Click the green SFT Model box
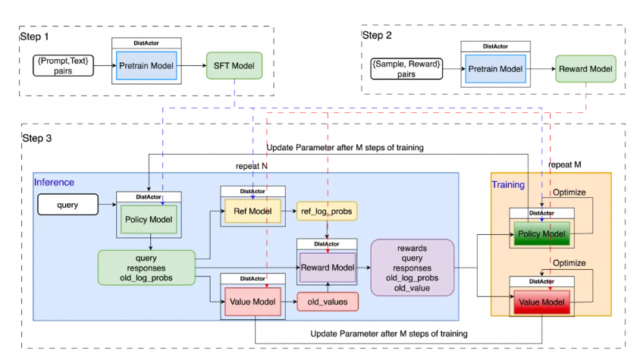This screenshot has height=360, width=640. (x=234, y=66)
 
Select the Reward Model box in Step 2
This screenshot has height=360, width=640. (x=585, y=69)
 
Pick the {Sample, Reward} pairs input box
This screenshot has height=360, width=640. (x=404, y=70)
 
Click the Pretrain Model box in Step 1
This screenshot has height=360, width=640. (x=146, y=66)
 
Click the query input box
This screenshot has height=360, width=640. (x=67, y=204)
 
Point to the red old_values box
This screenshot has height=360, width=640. (x=327, y=301)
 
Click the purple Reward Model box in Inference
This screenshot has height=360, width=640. (x=327, y=266)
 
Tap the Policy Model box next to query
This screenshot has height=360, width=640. (x=149, y=219)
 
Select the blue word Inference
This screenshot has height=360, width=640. (x=55, y=182)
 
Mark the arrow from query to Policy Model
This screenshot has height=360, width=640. (x=108, y=204)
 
